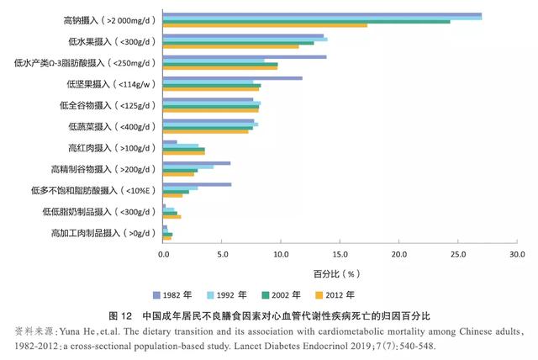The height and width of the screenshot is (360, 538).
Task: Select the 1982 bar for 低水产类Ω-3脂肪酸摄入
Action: [245, 57]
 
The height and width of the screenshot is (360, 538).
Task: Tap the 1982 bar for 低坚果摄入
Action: [232, 78]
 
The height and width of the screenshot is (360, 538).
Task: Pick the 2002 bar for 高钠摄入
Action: [306, 21]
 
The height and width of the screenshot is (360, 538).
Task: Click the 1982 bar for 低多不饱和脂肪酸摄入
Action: [197, 184]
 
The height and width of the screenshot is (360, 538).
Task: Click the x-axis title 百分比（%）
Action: [337, 273]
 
